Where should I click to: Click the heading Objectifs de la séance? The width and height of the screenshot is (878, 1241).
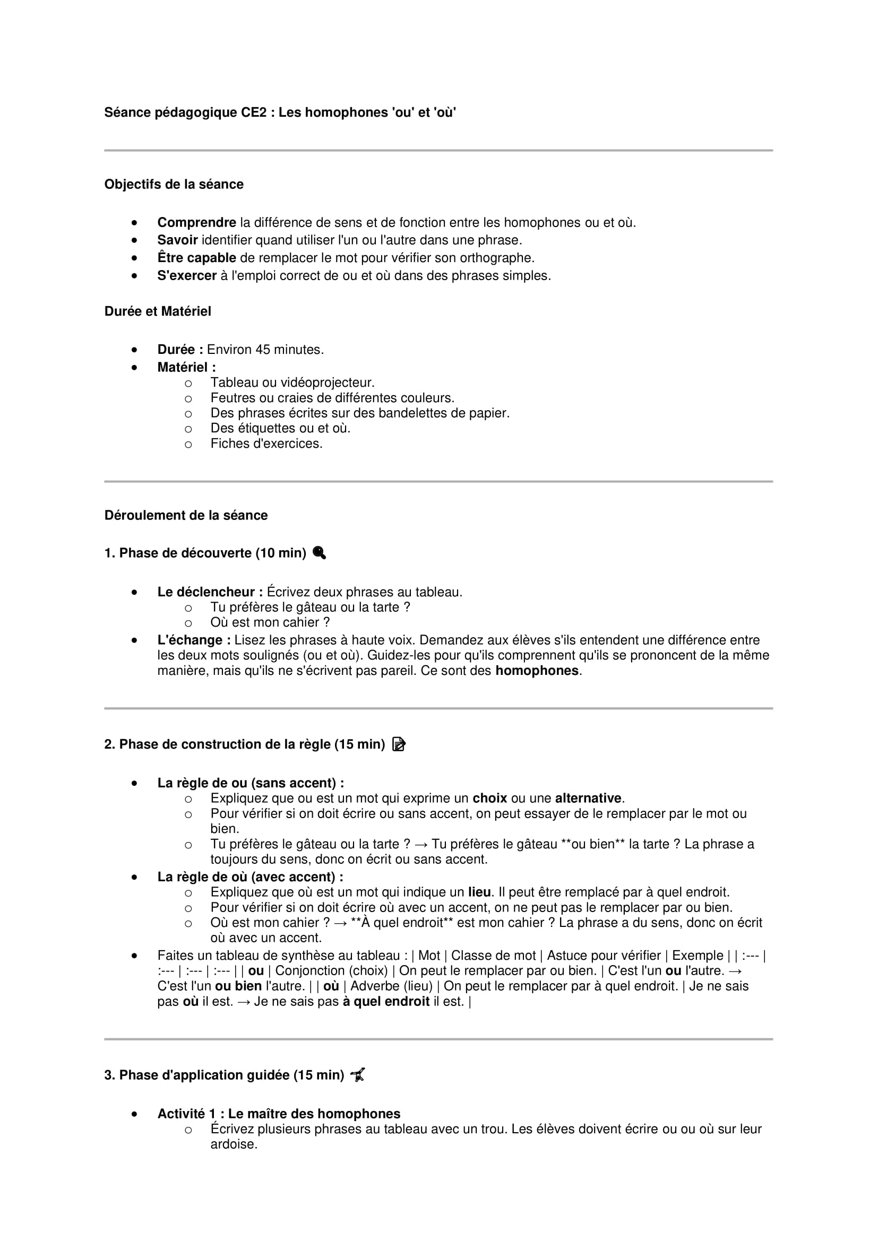[x=174, y=184]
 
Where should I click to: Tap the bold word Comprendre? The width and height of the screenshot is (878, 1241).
[x=196, y=223]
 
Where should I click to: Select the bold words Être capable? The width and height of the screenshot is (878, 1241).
[x=196, y=258]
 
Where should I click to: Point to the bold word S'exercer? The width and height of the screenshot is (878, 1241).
[x=186, y=276]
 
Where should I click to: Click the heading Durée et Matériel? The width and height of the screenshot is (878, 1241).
[x=157, y=311]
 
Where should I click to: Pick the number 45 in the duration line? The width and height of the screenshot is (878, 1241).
[x=263, y=350]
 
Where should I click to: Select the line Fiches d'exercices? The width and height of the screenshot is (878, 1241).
[x=266, y=444]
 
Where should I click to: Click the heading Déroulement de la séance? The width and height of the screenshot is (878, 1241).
[x=186, y=515]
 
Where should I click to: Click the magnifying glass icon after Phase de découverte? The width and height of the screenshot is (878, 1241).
[x=320, y=553]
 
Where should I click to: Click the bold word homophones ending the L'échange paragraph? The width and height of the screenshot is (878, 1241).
[x=537, y=671]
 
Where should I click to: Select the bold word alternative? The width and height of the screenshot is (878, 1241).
[x=588, y=799]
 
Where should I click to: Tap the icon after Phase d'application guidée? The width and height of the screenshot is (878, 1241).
[x=358, y=1075]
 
